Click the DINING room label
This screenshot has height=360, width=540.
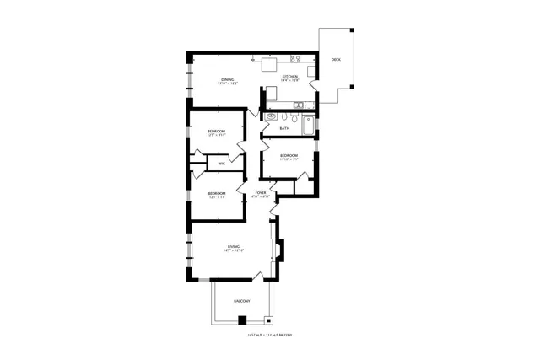tap(228, 79)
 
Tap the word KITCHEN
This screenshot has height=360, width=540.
tap(290, 77)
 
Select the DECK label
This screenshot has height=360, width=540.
tap(336, 59)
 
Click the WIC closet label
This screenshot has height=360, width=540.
tap(221, 164)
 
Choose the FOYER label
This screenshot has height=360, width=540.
tap(261, 193)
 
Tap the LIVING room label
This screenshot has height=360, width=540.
tap(232, 246)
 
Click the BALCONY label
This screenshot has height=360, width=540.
tap(242, 301)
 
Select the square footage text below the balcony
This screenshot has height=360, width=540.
tap(269, 335)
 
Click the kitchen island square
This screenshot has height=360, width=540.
tap(271, 65)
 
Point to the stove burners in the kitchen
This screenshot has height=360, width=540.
tap(295, 59)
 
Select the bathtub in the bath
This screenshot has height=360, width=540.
tap(308, 126)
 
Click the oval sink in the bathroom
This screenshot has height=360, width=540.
tap(271, 116)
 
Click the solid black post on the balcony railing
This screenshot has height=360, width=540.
tap(242, 320)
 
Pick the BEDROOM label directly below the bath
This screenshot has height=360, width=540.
tap(289, 155)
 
